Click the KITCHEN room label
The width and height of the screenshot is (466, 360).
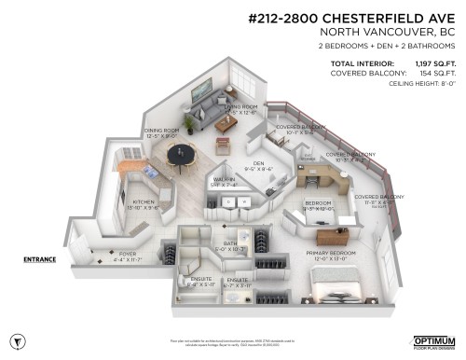click(144, 201)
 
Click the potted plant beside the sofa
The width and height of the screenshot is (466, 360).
click(189, 123)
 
